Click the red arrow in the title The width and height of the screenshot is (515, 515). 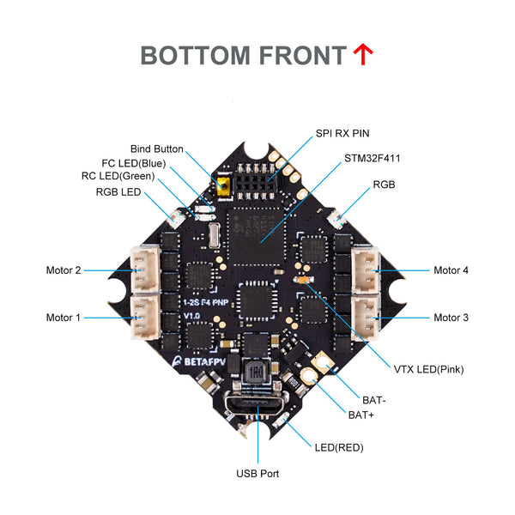[362, 55]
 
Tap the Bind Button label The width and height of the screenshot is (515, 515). [156, 148]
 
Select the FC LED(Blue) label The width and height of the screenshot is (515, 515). [133, 163]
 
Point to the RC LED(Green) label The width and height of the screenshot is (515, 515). [129, 177]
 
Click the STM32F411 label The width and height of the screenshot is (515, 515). [373, 158]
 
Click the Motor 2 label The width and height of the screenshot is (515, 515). [64, 270]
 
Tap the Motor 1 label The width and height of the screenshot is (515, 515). [64, 318]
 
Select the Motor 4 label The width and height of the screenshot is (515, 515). [451, 270]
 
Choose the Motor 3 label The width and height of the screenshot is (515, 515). [451, 318]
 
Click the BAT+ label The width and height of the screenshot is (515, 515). [360, 415]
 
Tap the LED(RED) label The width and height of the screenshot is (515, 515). [340, 447]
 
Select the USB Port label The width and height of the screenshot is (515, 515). [257, 473]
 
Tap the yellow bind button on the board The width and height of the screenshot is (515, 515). [222, 185]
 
